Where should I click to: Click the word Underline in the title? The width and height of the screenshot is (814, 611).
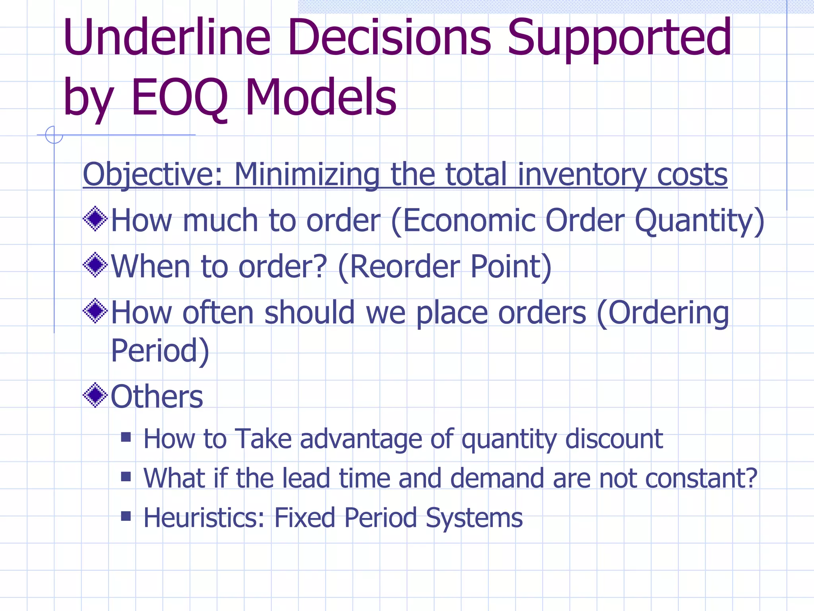pos(167,38)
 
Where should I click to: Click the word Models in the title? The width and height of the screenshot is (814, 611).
pos(321,98)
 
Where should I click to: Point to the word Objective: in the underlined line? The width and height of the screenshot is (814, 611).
pos(153,175)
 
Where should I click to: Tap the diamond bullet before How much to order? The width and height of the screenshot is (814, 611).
pos(95,219)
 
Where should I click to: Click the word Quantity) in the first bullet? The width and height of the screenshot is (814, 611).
pos(700,221)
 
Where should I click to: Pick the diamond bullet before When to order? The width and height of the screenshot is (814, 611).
pos(95,265)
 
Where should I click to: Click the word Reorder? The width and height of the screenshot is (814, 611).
pos(403,267)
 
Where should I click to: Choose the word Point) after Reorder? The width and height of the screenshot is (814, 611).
pos(511,267)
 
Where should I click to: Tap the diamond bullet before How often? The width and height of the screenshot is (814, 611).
pos(95,311)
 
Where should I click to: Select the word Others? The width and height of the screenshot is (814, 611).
pos(157,397)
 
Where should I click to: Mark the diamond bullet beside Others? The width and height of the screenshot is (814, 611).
pos(95,395)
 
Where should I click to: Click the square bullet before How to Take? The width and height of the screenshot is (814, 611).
pos(126,438)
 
